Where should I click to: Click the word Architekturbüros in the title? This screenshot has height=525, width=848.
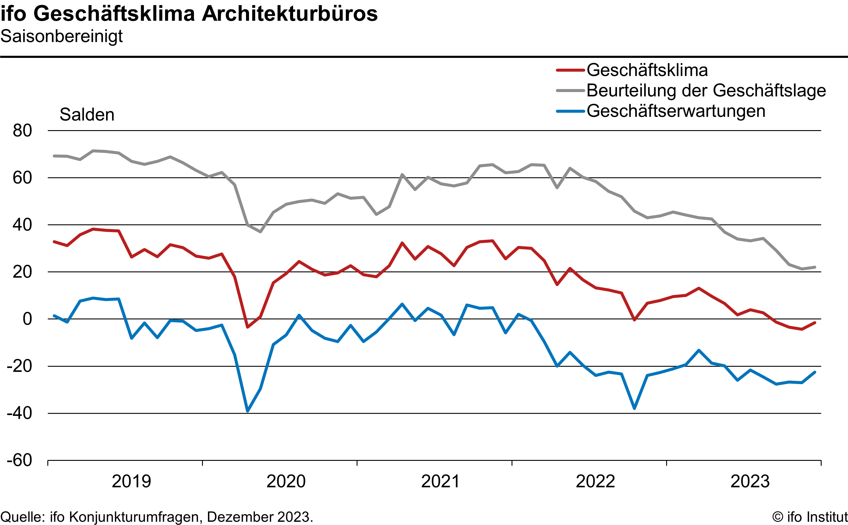(x=289, y=14)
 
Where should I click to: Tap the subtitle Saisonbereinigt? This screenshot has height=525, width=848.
(x=61, y=36)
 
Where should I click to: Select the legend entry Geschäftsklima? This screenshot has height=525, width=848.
(x=647, y=70)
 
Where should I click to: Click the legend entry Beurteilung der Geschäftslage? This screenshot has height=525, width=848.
(x=706, y=91)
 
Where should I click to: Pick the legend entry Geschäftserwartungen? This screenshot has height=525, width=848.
(x=676, y=111)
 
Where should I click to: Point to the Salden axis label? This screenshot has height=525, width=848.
(x=87, y=115)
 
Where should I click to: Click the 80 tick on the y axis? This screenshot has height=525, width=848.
(x=22, y=131)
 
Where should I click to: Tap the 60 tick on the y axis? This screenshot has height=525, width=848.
(x=22, y=178)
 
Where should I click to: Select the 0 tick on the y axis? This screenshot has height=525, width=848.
(x=27, y=319)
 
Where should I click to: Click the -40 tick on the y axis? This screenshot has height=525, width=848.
(x=19, y=413)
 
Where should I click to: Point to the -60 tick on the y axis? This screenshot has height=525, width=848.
(x=19, y=461)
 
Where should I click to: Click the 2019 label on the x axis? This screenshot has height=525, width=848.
(x=131, y=482)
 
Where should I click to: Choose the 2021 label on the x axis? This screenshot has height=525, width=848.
(x=440, y=482)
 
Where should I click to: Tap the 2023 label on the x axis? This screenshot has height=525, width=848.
(x=750, y=482)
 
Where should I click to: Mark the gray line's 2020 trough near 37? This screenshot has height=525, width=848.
(x=260, y=231)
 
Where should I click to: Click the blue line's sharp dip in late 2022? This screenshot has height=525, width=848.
(x=634, y=408)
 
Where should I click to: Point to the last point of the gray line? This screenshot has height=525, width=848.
(x=815, y=267)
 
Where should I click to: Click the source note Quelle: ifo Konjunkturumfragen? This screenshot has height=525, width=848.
(x=156, y=517)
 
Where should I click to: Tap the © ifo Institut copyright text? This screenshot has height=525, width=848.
(x=809, y=517)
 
